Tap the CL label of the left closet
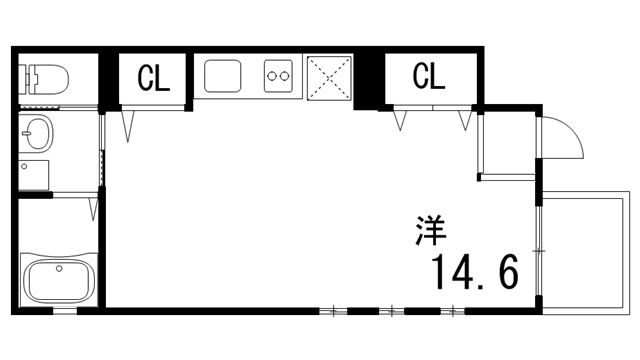(154, 77)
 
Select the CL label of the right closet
(430, 75)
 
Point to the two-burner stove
(277, 75)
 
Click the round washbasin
(39, 131)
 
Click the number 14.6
(475, 270)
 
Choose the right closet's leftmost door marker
(401, 121)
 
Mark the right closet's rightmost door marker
(464, 121)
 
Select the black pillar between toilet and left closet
(109, 78)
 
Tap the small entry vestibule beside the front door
(507, 145)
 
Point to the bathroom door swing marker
(93, 209)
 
